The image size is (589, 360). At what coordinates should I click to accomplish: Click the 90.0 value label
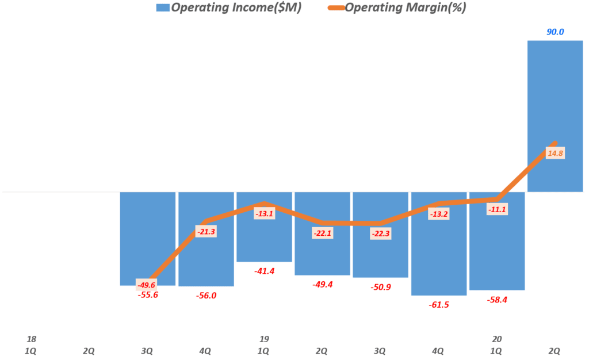[555, 32]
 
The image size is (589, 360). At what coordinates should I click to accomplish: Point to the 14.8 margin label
[555, 153]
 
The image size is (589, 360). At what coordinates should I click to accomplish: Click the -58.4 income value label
[496, 300]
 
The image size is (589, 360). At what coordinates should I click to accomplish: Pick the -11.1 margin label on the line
[496, 209]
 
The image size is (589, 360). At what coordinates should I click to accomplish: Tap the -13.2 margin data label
[438, 214]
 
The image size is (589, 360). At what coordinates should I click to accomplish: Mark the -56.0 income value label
[206, 296]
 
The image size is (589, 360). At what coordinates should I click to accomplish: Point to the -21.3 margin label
[206, 232]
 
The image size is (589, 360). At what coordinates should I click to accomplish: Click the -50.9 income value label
[380, 286]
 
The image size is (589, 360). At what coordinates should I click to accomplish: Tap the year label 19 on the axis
[264, 339]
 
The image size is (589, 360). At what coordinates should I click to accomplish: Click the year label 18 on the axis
[32, 339]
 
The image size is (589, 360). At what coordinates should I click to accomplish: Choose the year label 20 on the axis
[496, 339]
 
